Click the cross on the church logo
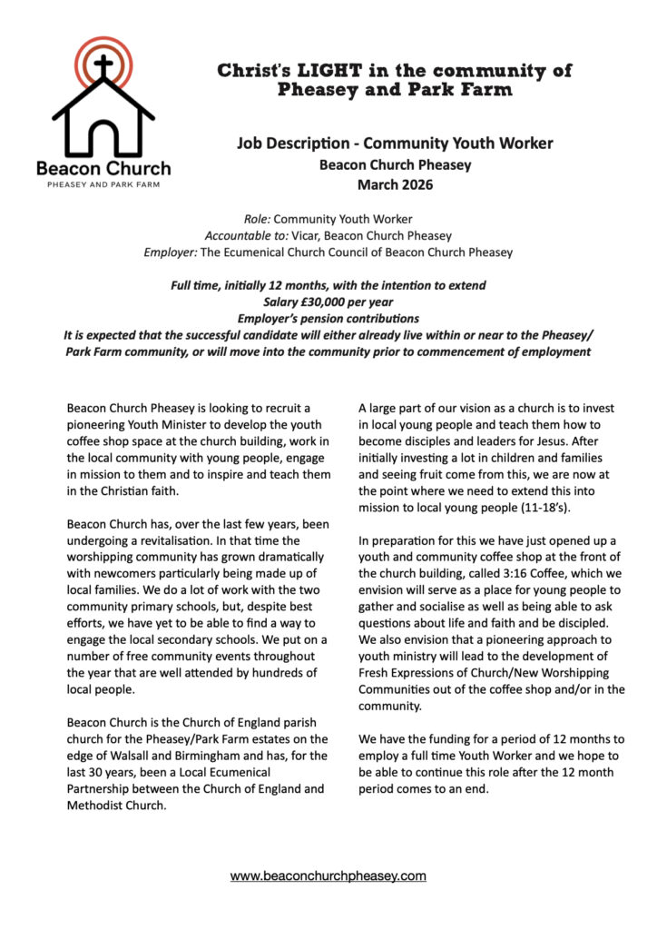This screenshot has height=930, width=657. tap(103, 66)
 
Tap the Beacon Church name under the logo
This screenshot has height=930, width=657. tap(103, 168)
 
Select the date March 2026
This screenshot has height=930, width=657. tap(395, 185)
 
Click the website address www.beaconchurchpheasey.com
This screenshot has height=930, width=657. tap(328, 876)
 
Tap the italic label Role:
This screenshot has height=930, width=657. tap(258, 219)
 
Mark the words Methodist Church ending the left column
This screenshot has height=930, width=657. tap(117, 806)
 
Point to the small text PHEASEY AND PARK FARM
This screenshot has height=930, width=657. tap(103, 184)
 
